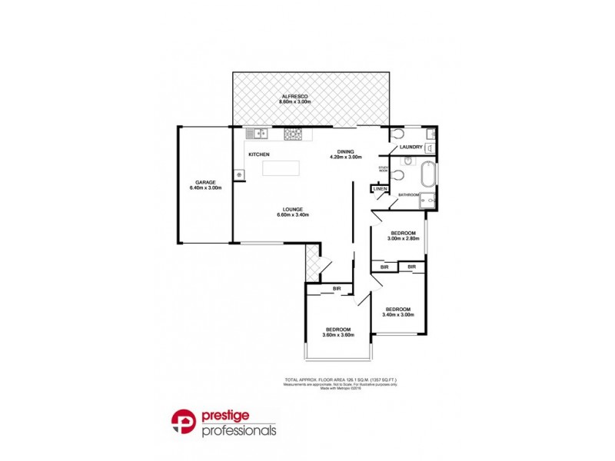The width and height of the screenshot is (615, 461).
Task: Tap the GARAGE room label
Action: click(205, 183)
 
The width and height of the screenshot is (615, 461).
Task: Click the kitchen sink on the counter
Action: click(260, 134)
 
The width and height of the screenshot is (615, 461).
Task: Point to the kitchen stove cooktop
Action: click(293, 134)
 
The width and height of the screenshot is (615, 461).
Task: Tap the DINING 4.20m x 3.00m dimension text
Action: click(345, 157)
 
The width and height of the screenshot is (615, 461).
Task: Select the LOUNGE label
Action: click(292, 210)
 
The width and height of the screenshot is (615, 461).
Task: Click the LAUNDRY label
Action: click(412, 148)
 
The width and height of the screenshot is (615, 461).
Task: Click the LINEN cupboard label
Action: click(380, 189)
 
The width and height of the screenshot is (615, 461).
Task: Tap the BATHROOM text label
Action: click(408, 195)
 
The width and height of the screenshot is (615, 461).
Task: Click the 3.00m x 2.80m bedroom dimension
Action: click(403, 239)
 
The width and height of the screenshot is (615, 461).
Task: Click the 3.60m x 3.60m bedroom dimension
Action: click(337, 334)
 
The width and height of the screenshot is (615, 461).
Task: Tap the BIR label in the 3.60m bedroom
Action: click(337, 289)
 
